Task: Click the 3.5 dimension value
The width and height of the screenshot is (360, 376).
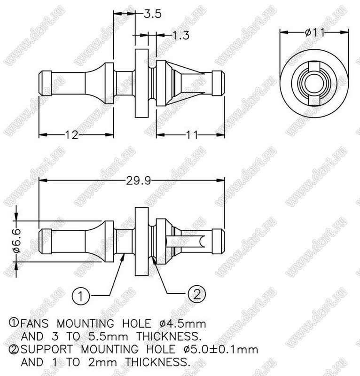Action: [x=153, y=14]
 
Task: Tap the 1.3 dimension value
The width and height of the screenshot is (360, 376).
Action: [x=180, y=35]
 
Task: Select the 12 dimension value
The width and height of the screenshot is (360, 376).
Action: [x=71, y=135]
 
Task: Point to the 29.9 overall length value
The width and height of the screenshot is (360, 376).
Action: [x=139, y=180]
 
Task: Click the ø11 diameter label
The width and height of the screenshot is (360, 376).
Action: [x=315, y=32]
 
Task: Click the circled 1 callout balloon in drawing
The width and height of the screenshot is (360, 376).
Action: [x=80, y=296]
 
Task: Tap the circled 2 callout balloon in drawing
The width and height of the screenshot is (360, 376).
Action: [x=196, y=294]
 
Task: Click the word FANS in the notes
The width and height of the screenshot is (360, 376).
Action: [x=34, y=324]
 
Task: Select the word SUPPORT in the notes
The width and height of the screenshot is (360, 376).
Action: [x=47, y=349]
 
